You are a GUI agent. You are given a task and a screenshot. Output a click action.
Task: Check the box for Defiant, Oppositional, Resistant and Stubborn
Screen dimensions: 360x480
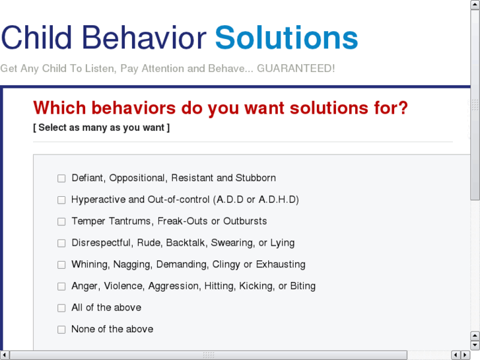61,178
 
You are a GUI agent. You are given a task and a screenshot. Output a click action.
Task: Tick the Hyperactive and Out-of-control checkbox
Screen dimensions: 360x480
61,200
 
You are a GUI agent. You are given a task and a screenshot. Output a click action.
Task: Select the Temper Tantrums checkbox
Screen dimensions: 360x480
61,222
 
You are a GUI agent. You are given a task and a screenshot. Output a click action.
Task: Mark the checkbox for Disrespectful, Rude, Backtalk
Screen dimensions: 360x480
61,243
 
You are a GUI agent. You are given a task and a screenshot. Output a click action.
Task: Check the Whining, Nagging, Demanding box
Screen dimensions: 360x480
61,265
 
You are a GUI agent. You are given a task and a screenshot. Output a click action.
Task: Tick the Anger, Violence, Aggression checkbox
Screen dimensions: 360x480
61,287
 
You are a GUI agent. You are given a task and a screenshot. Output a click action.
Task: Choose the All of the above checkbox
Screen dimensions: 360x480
61,308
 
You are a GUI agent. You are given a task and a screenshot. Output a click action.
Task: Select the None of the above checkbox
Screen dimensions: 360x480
61,330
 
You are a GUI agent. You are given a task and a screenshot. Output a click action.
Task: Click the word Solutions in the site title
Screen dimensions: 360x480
287,38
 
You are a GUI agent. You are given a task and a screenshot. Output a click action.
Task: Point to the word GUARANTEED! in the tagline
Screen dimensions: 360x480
296,69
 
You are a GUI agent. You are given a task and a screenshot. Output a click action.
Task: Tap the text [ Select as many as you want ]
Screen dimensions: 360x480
101,127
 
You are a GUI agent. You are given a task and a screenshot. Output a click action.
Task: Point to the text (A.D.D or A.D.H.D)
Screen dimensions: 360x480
257,199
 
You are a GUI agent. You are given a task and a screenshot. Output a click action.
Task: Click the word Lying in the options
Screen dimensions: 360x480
283,242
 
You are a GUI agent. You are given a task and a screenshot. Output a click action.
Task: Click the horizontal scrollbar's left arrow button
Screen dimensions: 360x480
5,355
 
